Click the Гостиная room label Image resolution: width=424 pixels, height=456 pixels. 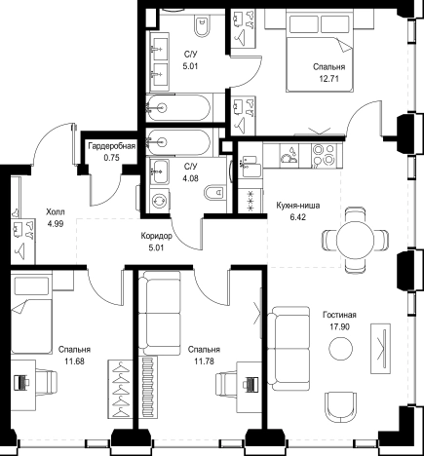(x=339, y=315)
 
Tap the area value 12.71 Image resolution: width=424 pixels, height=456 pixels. (x=328, y=79)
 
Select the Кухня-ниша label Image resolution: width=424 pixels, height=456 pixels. (x=298, y=206)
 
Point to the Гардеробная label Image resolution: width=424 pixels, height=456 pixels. (x=111, y=146)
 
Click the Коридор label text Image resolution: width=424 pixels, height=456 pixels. (x=156, y=236)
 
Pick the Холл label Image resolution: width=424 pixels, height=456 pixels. (x=56, y=212)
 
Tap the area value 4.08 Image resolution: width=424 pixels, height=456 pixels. (x=190, y=178)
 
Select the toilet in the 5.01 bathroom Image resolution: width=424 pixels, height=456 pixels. (x=203, y=26)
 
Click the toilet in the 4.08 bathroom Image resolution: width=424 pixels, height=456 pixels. (x=214, y=193)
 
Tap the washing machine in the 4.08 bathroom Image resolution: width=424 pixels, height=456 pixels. (x=159, y=201)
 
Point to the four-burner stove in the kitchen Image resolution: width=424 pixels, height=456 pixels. (x=324, y=154)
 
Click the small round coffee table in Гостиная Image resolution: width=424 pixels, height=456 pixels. (x=340, y=349)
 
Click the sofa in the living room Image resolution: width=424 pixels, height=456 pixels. (x=289, y=348)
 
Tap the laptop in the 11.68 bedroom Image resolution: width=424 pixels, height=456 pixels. (x=21, y=382)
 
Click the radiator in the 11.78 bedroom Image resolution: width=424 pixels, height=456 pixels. (x=149, y=387)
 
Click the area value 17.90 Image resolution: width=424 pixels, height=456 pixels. (x=340, y=326)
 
